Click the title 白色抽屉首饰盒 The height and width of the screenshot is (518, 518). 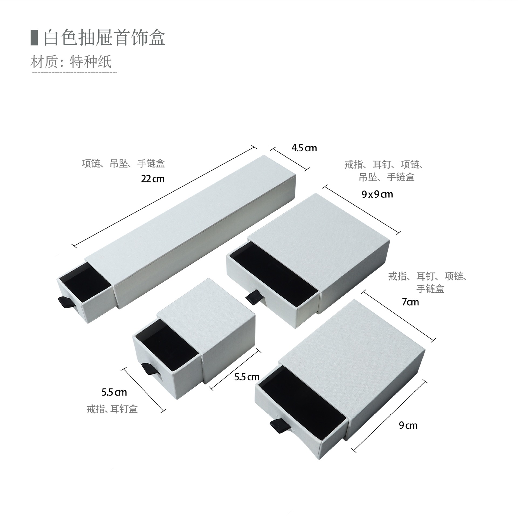[x=104, y=38]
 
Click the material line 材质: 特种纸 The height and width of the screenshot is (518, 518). [x=71, y=62]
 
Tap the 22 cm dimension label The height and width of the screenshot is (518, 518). [x=153, y=179]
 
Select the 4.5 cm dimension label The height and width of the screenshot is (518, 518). [x=304, y=148]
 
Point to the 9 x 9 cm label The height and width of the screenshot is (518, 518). [x=377, y=194]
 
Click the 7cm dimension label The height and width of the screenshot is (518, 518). [x=410, y=302]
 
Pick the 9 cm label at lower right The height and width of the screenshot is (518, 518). [x=408, y=426]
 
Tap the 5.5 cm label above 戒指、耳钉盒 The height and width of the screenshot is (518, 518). [x=114, y=392]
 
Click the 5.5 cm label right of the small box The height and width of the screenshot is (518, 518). [x=247, y=377]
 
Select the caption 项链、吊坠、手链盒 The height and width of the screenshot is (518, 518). [x=123, y=164]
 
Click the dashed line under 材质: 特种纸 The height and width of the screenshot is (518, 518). [x=74, y=73]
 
